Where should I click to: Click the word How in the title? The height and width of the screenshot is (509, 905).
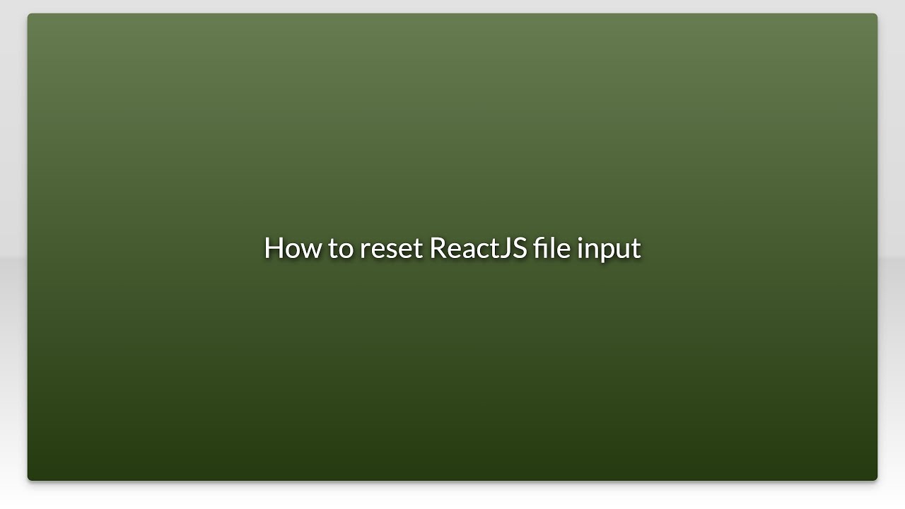point(292,248)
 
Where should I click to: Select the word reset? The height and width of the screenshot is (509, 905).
point(391,249)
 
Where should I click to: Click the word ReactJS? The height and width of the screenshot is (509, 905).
point(478,248)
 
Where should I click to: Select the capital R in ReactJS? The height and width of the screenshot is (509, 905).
point(438,248)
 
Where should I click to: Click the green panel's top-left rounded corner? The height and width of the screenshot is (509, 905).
point(30,16)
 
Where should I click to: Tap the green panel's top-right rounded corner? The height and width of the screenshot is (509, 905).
point(875,16)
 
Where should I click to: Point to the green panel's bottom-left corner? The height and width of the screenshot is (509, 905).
point(30,479)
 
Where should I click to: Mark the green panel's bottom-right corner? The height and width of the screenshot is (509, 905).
point(875,479)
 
